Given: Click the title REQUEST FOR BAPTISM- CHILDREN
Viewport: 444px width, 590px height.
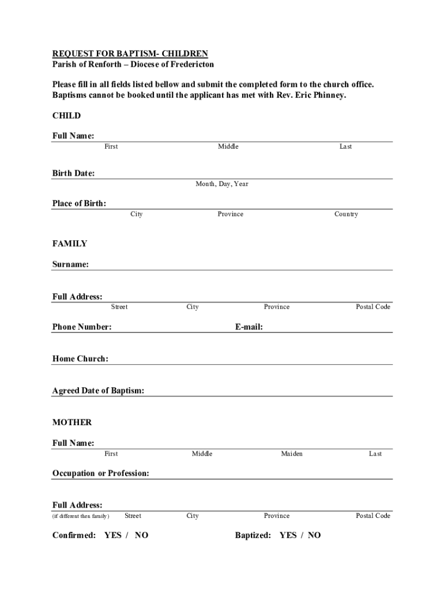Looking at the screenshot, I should (130, 54).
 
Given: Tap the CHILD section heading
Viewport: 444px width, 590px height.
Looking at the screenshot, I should (67, 116).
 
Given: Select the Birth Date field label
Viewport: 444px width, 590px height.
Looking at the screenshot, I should (74, 173).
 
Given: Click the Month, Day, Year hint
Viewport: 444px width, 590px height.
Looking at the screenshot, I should (222, 184).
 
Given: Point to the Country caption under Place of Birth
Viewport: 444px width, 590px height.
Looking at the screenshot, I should (346, 214).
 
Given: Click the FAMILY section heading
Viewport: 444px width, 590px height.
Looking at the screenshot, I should (70, 244).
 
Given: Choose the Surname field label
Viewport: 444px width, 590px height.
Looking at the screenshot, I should (71, 264).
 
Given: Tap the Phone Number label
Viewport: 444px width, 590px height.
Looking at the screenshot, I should (82, 327).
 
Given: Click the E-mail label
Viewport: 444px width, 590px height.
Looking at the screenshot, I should (249, 327).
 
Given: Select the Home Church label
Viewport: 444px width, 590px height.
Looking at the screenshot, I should (80, 359).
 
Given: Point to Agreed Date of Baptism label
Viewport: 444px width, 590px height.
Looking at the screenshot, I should (99, 391).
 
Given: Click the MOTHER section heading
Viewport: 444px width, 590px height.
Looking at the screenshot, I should (72, 422).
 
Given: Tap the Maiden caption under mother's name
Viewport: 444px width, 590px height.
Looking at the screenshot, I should (292, 454).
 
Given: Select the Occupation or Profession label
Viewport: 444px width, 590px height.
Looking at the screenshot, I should (101, 474).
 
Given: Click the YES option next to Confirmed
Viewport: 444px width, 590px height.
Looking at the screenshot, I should (113, 536).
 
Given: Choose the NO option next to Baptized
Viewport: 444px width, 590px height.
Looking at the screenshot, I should (314, 536).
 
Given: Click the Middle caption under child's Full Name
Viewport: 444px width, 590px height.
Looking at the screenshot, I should (228, 147).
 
